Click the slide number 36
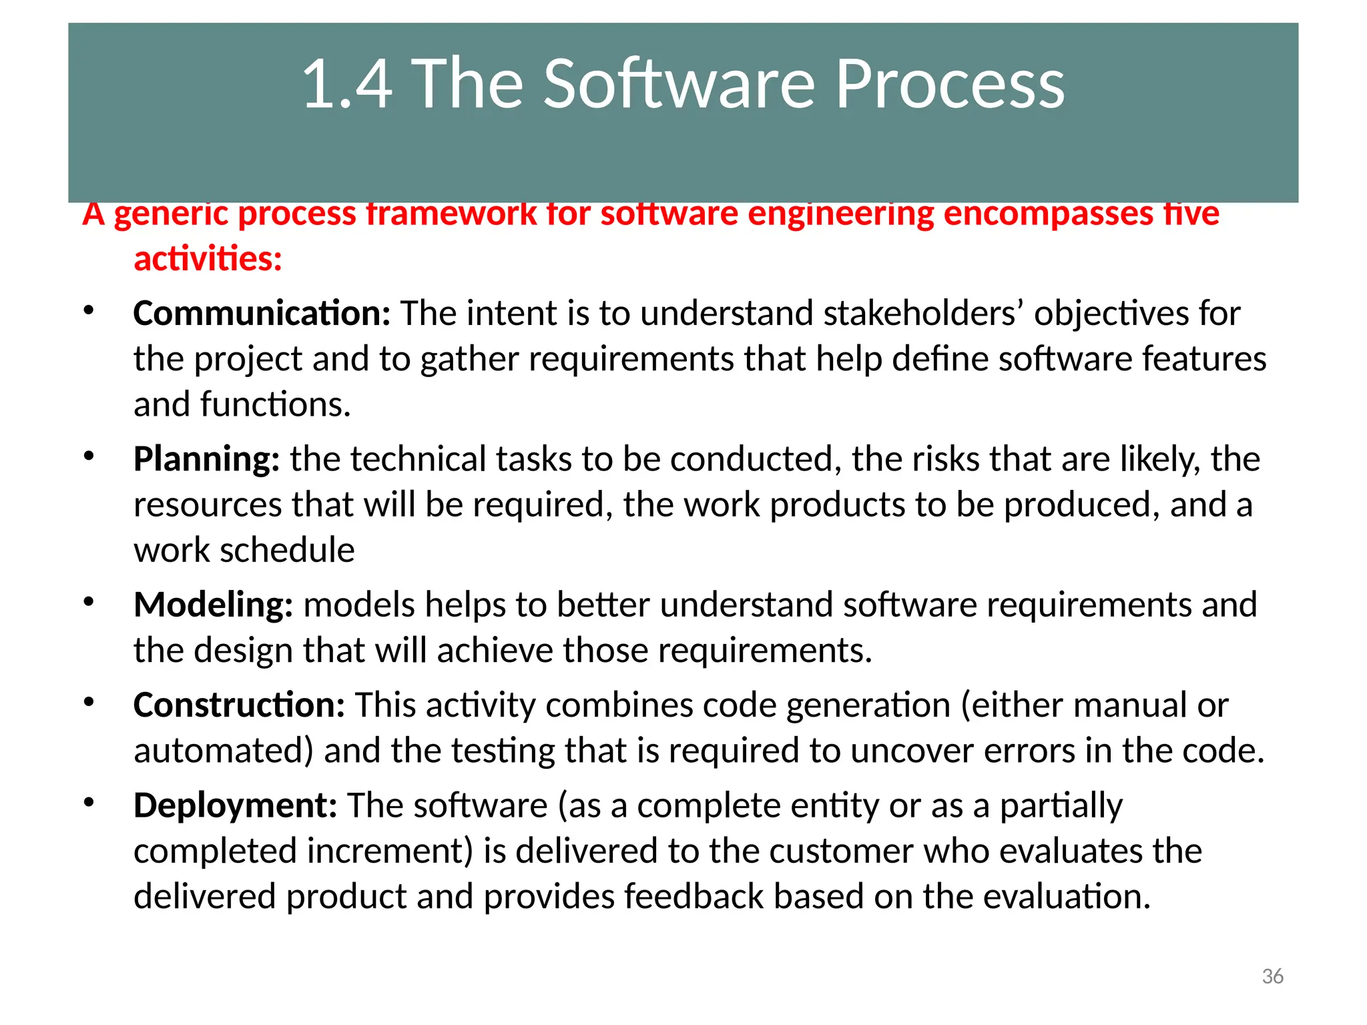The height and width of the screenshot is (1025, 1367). (1272, 976)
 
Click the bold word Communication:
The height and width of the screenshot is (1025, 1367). (262, 314)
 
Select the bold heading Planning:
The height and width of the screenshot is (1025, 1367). (206, 459)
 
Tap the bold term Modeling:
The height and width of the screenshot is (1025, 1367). (213, 605)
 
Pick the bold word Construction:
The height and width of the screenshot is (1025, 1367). (239, 705)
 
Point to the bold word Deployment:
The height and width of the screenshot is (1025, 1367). (235, 805)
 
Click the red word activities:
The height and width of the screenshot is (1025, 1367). (208, 259)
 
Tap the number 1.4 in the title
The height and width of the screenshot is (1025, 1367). (346, 84)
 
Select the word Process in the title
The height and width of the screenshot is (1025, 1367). (949, 84)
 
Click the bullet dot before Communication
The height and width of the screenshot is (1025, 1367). (89, 310)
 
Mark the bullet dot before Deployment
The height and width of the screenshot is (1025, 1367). (89, 801)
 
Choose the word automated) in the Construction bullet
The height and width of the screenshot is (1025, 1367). (223, 751)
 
